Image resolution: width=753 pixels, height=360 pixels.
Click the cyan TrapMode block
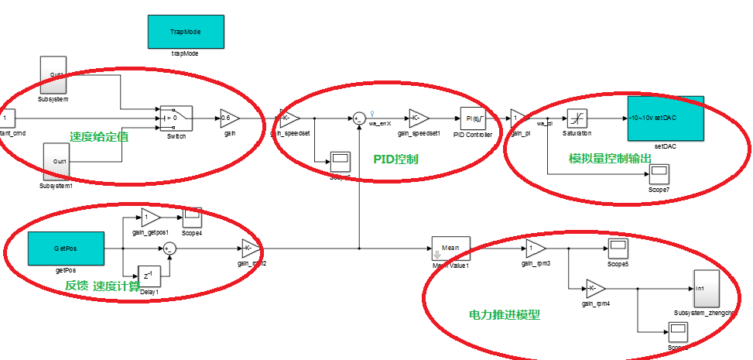(x=187, y=32)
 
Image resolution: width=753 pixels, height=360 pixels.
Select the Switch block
(x=176, y=118)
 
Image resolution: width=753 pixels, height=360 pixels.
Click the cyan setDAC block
(x=666, y=118)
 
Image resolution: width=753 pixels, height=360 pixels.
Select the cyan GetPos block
(x=64, y=248)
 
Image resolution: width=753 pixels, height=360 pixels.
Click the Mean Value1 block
(x=450, y=248)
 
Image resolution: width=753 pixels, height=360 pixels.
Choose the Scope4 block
(x=192, y=218)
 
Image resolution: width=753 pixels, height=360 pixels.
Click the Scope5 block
(x=618, y=249)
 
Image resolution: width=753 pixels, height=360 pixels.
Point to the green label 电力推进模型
(x=504, y=315)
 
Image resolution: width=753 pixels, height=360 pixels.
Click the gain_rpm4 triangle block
(x=595, y=288)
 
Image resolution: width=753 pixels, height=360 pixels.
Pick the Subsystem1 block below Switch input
(x=56, y=162)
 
